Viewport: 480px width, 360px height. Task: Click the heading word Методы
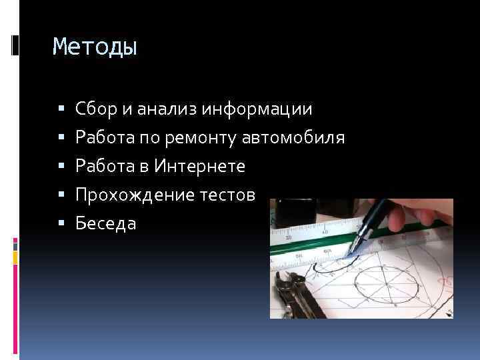pyautogui.click(x=95, y=47)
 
